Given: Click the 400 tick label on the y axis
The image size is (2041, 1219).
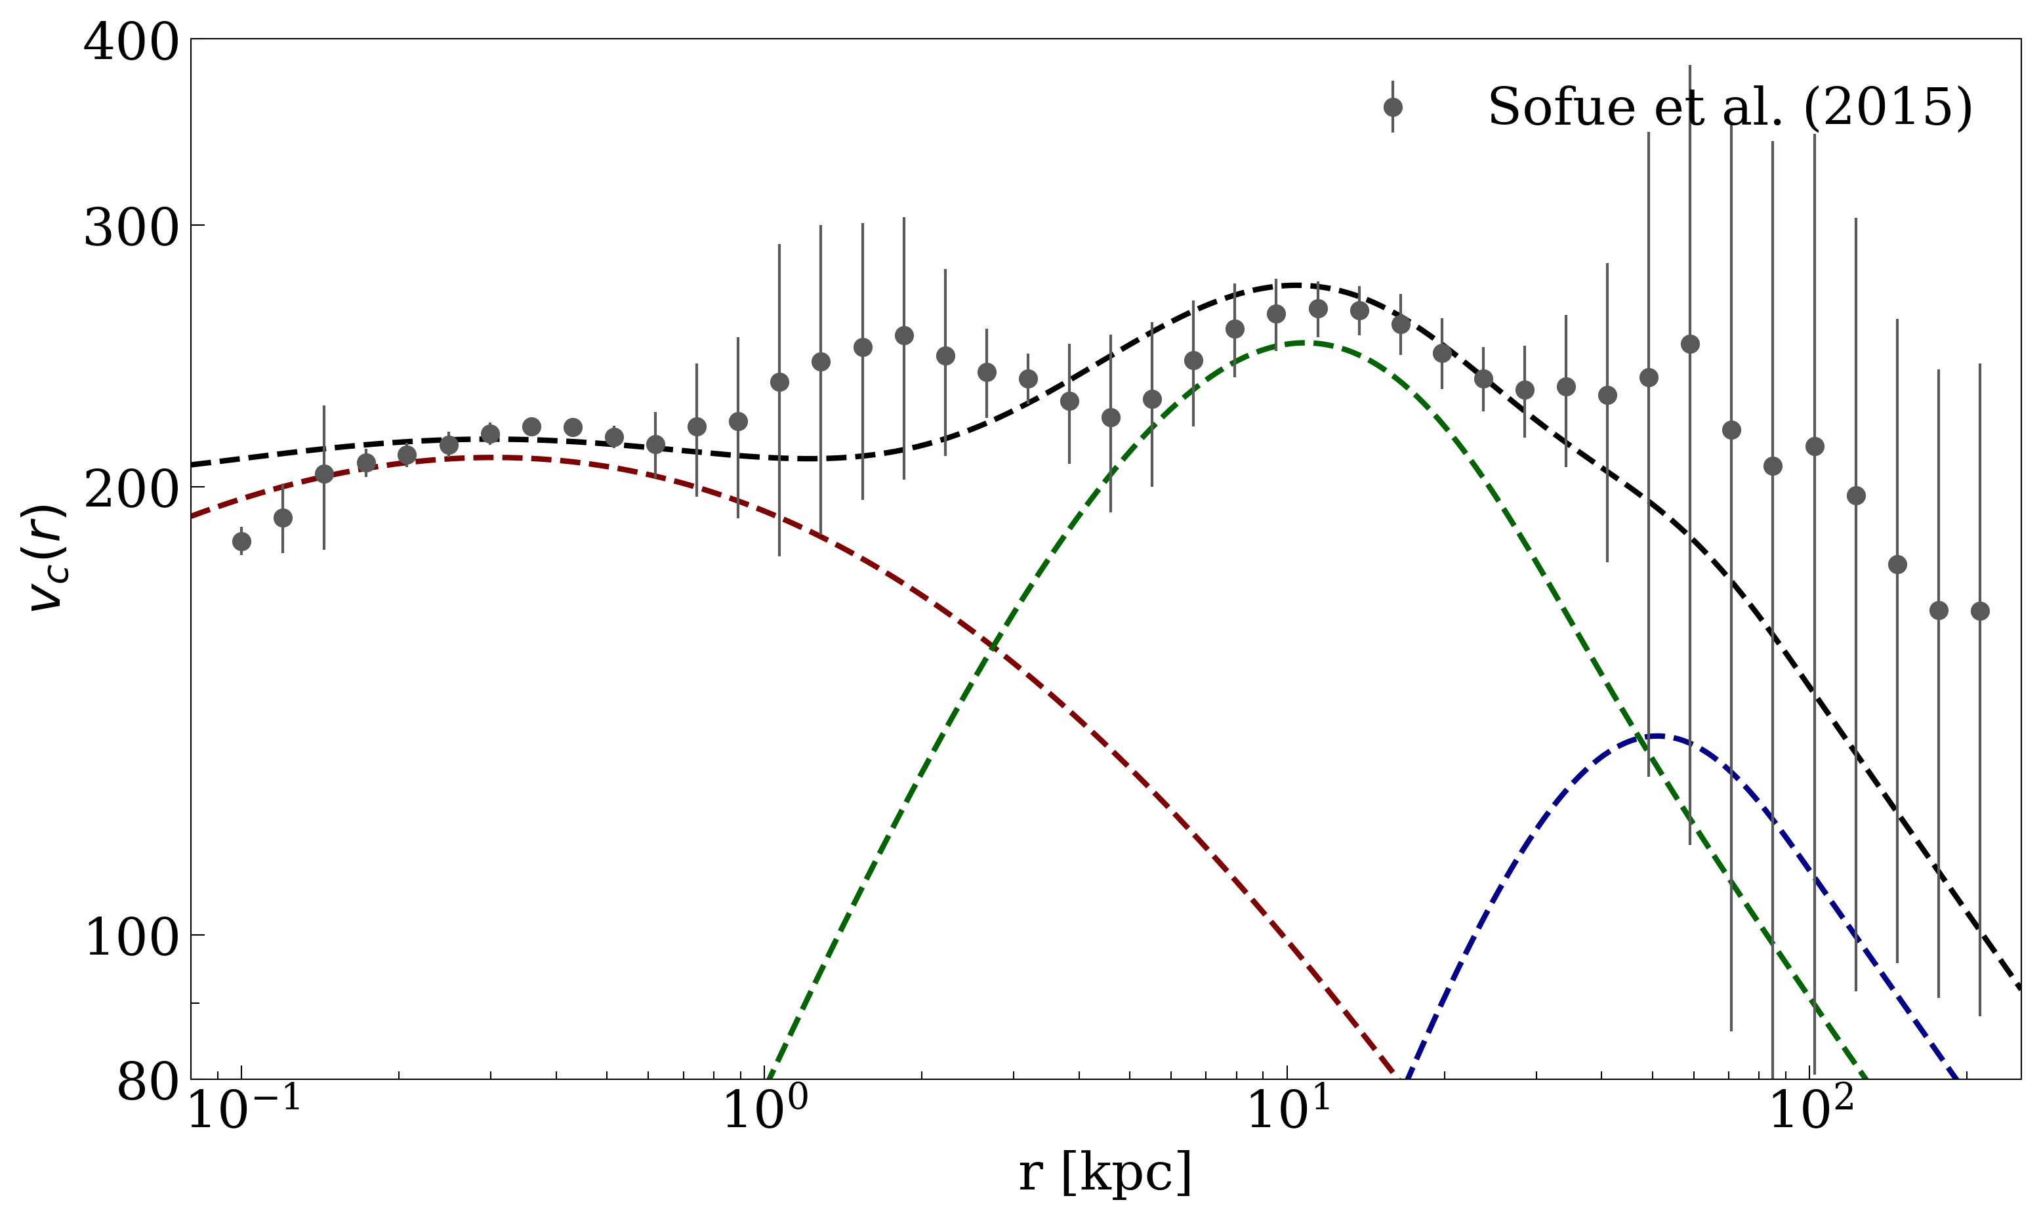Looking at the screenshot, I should [x=131, y=43].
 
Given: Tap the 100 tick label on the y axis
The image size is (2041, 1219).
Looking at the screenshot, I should [x=131, y=938].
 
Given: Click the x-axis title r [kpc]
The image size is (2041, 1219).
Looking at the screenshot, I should [x=1105, y=1174].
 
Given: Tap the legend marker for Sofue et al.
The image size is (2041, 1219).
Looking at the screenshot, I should [x=1392, y=108].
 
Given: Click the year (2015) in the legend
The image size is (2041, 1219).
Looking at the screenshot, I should [x=1887, y=108].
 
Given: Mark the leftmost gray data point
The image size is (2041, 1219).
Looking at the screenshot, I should [x=241, y=541].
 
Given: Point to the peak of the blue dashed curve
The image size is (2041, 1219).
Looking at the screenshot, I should [x=1657, y=736].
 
